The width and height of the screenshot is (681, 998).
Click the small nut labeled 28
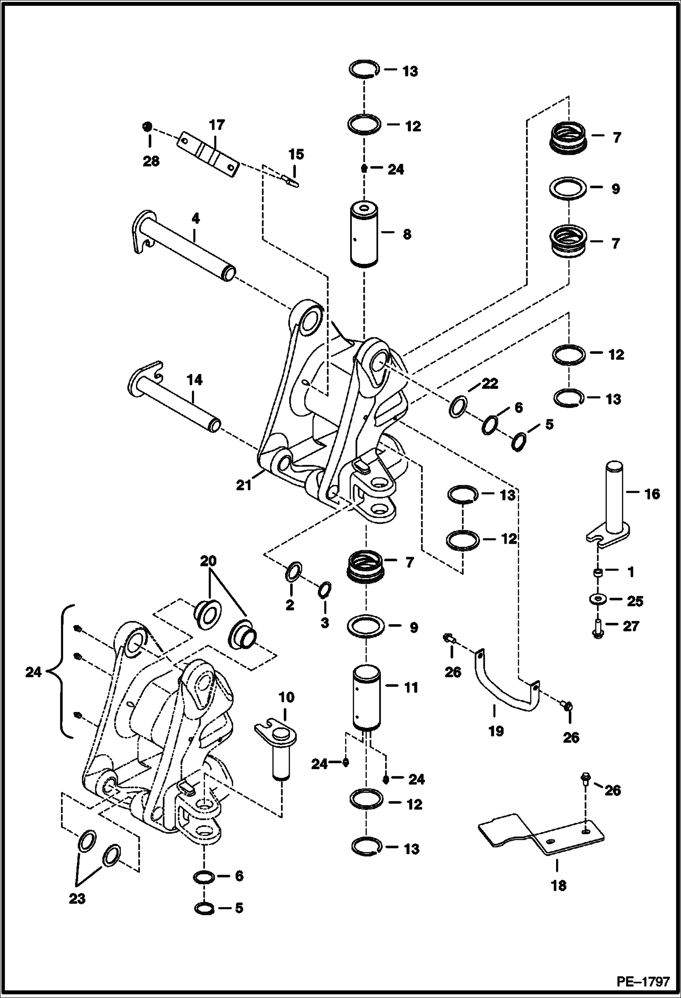point(146,126)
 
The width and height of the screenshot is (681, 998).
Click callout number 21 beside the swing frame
point(244,486)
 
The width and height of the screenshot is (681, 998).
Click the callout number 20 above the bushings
point(209,561)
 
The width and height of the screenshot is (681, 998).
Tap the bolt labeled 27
point(598,627)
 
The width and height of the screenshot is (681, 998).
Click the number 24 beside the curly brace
point(33,672)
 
